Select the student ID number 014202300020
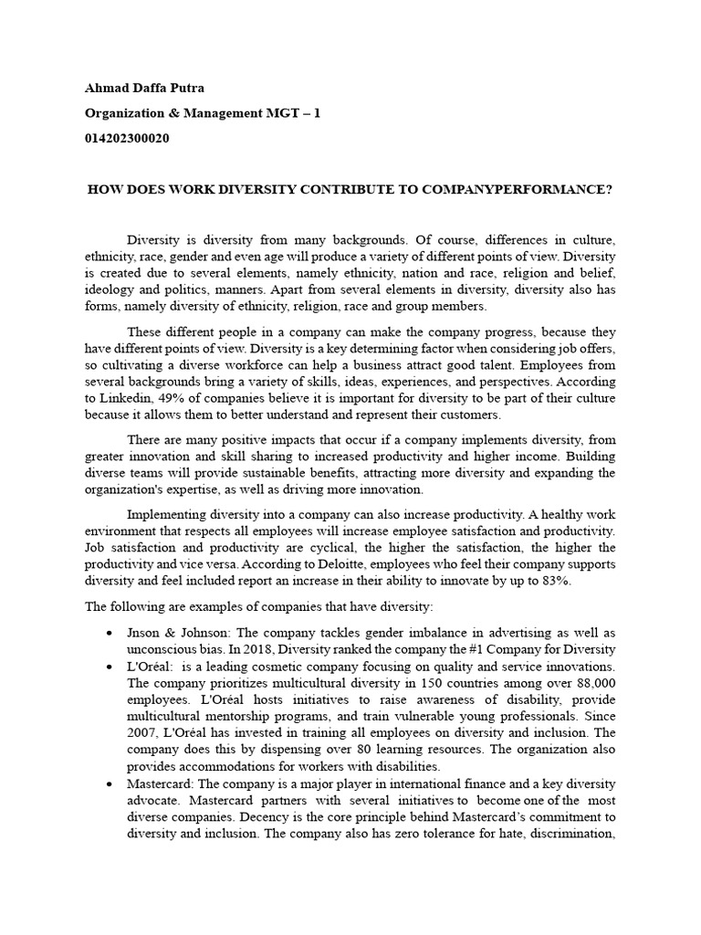126,138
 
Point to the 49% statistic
172,400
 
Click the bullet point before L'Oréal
110,667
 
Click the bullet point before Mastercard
110,783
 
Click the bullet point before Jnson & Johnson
110,633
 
